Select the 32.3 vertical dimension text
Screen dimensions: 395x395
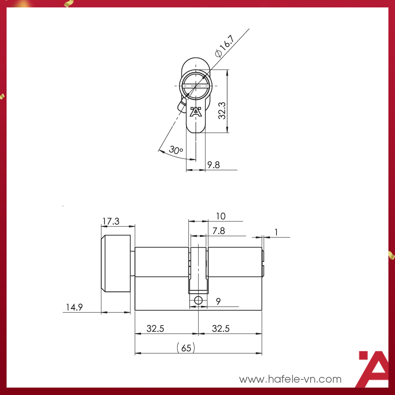(x=222, y=110)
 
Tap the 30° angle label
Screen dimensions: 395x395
(x=176, y=150)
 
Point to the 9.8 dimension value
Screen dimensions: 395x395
(x=214, y=165)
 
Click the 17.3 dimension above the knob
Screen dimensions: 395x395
(x=111, y=221)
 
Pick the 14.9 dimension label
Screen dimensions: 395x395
(x=74, y=307)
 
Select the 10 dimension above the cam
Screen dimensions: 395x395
(x=221, y=216)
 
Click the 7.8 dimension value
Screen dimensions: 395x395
(x=218, y=231)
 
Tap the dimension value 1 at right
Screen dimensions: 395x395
(x=276, y=232)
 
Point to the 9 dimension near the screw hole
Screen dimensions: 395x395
(x=218, y=301)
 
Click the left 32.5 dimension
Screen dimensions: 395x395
(x=156, y=328)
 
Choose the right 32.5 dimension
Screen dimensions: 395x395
(x=221, y=328)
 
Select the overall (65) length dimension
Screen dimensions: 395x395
(x=186, y=348)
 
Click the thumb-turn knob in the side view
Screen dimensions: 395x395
(x=116, y=264)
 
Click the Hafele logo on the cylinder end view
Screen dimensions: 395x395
(x=195, y=112)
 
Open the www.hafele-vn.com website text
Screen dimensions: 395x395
(x=290, y=379)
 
